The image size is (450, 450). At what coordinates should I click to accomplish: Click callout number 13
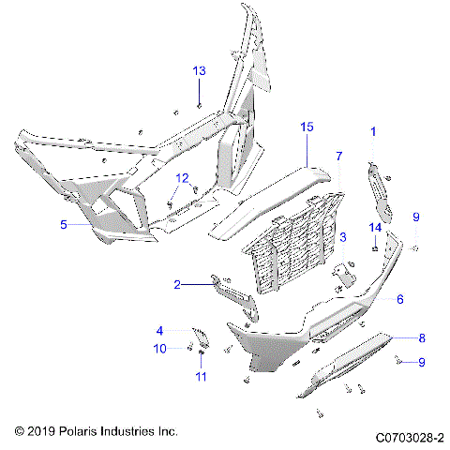click(199, 71)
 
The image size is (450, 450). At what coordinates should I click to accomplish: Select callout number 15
click(306, 125)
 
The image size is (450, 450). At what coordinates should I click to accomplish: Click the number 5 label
click(64, 225)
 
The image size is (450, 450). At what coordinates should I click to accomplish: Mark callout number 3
click(343, 237)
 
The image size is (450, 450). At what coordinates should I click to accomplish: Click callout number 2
click(176, 283)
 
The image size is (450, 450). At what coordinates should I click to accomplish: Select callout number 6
click(399, 299)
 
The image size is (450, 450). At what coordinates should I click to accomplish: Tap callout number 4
click(159, 330)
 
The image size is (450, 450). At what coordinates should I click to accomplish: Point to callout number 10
click(159, 349)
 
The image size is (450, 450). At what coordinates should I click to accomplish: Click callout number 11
click(199, 377)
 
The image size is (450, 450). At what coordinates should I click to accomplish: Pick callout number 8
click(422, 337)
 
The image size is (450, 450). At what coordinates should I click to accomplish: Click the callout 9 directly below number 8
click(422, 362)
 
